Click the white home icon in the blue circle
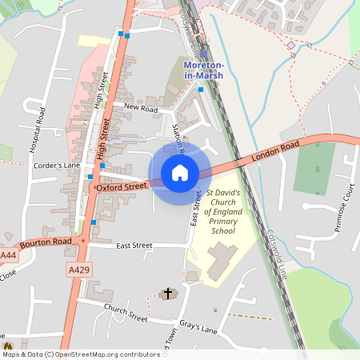[x=180, y=173]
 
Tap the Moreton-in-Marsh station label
[x=203, y=70]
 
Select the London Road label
[x=274, y=149]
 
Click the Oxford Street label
[x=122, y=186]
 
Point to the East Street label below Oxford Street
[x=134, y=246]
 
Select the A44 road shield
[x=8, y=255]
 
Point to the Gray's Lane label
[x=199, y=329]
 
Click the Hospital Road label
[x=34, y=130]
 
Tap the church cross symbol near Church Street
[x=168, y=294]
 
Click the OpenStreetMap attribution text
[x=81, y=354]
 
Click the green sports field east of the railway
[x=314, y=168]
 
